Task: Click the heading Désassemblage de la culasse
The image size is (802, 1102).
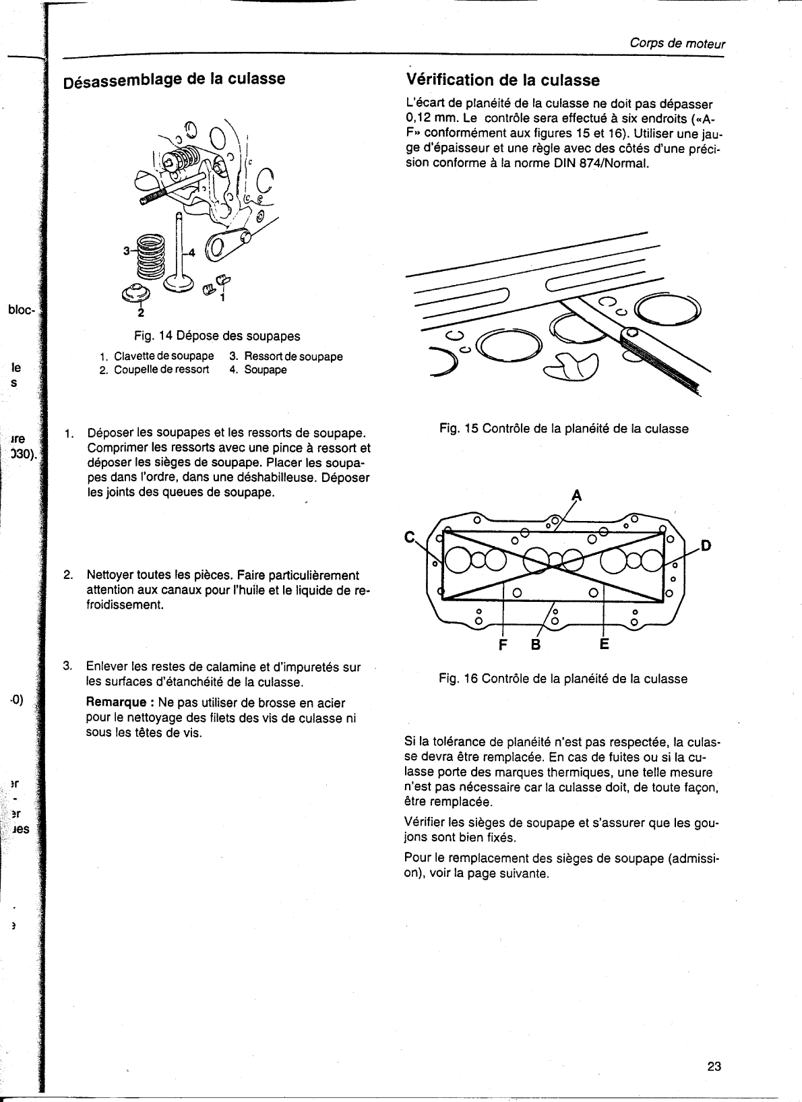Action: click(x=174, y=80)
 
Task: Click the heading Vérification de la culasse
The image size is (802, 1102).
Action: click(x=503, y=80)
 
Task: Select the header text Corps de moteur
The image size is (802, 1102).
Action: click(x=677, y=44)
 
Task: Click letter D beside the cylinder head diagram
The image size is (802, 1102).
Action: click(x=706, y=545)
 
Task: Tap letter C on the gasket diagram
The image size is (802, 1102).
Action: click(x=409, y=537)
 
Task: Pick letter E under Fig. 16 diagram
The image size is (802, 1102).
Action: click(x=604, y=644)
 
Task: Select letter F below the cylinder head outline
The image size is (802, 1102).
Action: click(x=502, y=645)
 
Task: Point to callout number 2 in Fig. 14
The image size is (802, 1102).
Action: click(x=141, y=312)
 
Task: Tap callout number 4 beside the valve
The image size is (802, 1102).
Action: click(x=191, y=253)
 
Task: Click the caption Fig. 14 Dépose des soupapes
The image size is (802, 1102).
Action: click(x=216, y=336)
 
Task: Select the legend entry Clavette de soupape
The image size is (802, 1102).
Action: click(x=164, y=356)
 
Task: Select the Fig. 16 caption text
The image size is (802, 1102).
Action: click(x=563, y=679)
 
